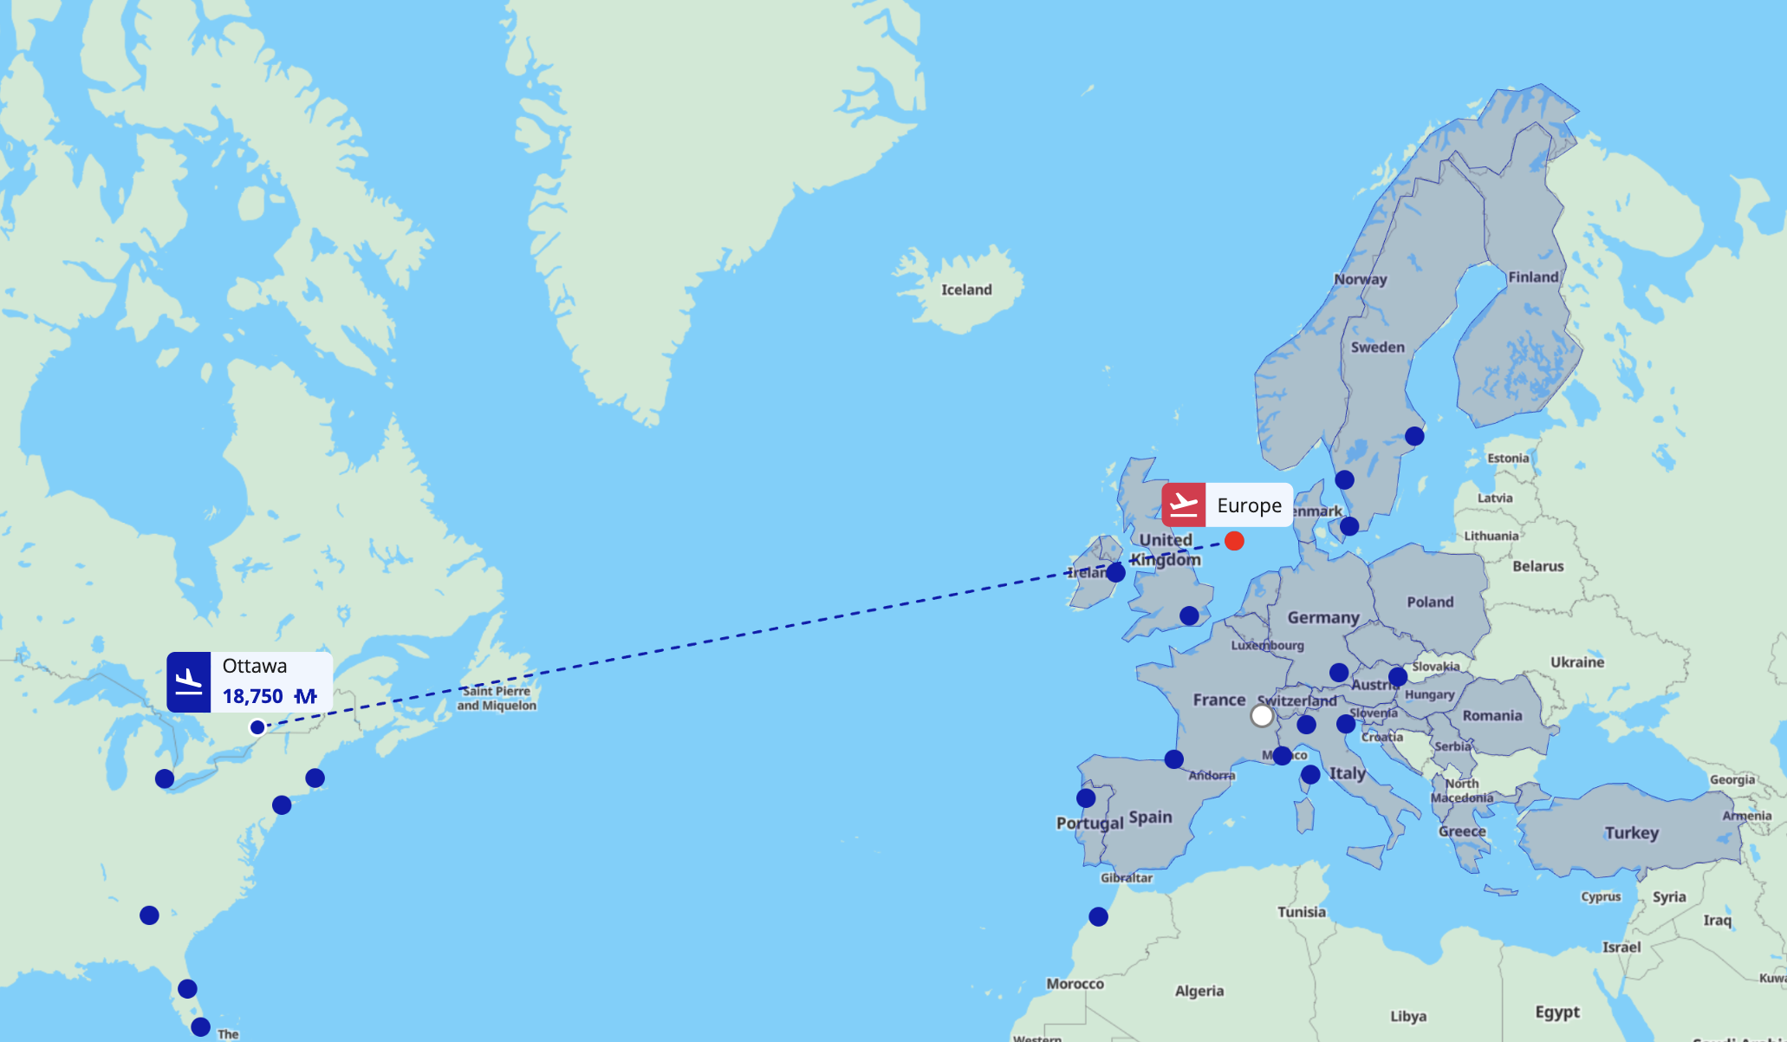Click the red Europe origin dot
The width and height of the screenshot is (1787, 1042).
pos(1234,542)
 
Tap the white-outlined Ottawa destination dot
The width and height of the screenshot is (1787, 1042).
pos(257,727)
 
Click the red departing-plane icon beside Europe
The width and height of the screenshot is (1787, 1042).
pos(1183,505)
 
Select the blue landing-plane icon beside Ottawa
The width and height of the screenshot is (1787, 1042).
pos(189,682)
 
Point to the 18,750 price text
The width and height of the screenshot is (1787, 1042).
pos(252,696)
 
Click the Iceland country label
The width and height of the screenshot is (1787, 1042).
pos(966,290)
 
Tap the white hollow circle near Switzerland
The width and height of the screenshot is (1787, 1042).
pos(1262,716)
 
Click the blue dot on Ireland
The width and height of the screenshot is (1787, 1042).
pos(1115,572)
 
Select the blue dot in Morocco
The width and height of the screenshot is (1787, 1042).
pos(1098,916)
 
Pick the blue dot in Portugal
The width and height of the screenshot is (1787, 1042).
pos(1086,798)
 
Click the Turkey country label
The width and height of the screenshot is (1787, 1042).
pos(1631,833)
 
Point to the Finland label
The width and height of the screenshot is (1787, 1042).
pos(1533,277)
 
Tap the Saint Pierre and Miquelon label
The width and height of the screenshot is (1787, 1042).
pos(497,698)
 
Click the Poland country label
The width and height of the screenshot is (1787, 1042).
pos(1430,602)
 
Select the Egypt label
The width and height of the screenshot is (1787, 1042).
pos(1557,1012)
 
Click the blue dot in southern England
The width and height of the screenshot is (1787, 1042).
pos(1189,615)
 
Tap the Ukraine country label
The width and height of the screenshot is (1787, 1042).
pos(1577,662)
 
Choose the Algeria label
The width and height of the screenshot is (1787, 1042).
pos(1199,991)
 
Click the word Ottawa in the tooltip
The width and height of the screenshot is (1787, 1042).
pos(254,666)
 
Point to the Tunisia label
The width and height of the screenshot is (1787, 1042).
pos(1301,912)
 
